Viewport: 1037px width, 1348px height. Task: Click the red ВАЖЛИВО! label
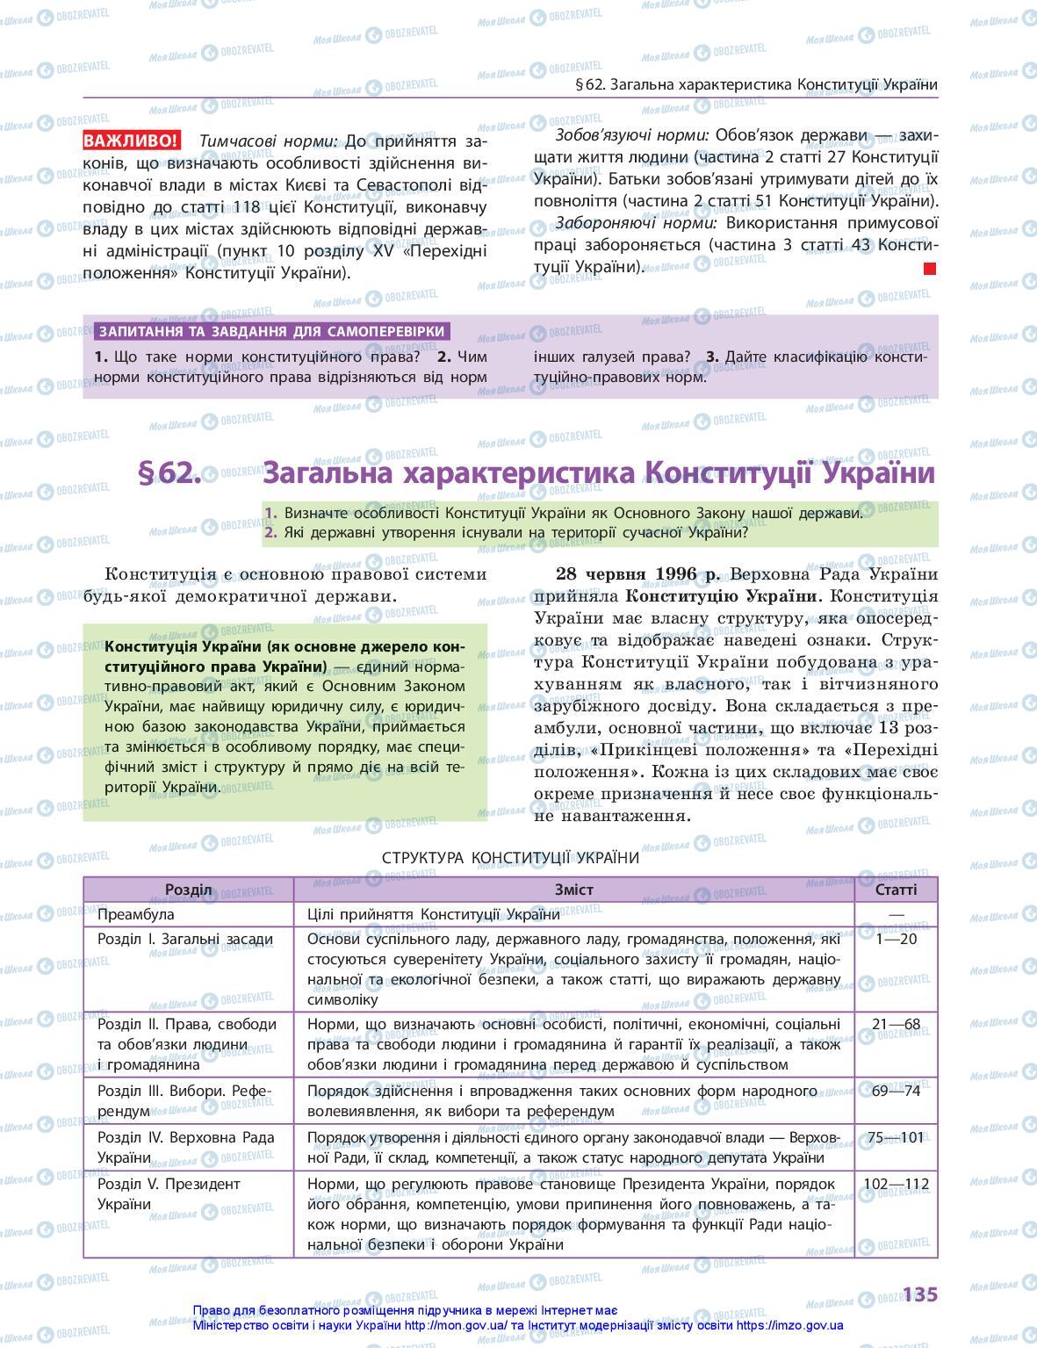(132, 141)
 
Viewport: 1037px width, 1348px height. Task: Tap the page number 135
(919, 1294)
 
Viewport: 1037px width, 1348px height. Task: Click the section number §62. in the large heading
(169, 473)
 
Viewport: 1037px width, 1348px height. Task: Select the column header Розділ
(189, 890)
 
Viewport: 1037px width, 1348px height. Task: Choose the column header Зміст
(573, 890)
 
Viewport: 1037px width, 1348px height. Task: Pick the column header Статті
(896, 890)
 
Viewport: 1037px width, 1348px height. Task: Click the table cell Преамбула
(136, 915)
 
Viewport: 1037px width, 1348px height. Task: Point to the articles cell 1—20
(896, 940)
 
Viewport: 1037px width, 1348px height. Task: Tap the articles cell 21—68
(896, 1024)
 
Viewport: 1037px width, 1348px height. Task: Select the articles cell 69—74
(896, 1092)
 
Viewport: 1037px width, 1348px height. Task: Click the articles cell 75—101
(896, 1138)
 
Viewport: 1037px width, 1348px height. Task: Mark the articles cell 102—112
(896, 1185)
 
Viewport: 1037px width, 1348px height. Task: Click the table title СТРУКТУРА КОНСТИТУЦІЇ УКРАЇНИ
(511, 858)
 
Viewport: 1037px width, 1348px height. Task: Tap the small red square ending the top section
(930, 269)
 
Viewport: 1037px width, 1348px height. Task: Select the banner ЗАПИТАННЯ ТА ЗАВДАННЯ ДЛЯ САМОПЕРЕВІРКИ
(272, 332)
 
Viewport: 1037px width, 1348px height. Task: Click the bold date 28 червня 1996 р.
(637, 574)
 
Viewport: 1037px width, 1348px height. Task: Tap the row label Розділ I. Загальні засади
(185, 940)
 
